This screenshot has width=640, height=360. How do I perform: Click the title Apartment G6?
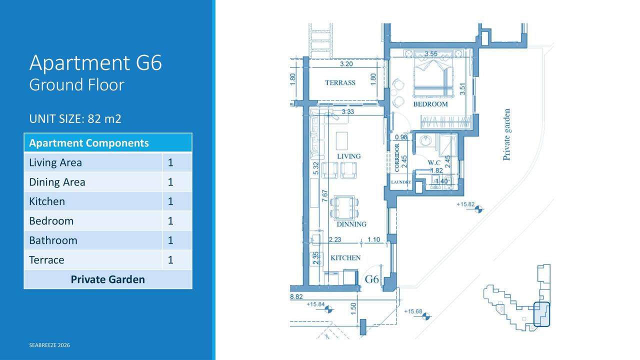coord(95,63)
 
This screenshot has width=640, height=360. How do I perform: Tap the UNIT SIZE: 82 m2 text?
coord(75,119)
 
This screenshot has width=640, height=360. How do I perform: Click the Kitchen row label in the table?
coord(47,201)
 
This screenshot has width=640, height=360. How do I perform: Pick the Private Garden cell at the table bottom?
coord(107,279)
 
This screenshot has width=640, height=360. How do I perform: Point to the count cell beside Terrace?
coord(170,260)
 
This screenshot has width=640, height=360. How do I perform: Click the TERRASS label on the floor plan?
coord(340,83)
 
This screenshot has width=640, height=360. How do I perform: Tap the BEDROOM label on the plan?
coord(430,104)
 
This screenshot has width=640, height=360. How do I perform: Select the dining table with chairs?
coord(344,207)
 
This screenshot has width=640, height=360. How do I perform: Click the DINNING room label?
coord(351,224)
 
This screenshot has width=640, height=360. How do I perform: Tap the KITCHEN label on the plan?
coord(345,258)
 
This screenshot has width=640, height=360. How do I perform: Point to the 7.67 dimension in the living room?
coord(325,195)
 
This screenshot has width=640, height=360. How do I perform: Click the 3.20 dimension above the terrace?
coord(346,63)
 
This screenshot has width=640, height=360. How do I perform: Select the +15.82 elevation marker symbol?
coord(478,209)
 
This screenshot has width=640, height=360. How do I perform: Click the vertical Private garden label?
coord(506,134)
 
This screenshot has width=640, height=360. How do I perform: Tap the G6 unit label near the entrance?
coord(372,279)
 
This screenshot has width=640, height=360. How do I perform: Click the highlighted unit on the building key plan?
coord(541,314)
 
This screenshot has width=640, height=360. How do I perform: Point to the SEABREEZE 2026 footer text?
coord(49,345)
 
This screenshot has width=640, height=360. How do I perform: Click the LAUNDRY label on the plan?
coord(401,182)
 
